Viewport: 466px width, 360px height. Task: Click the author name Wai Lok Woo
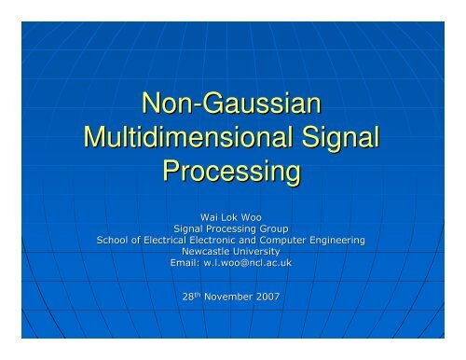tap(232, 215)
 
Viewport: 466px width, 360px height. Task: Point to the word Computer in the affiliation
tap(295, 240)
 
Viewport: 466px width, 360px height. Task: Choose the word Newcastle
tap(205, 252)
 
